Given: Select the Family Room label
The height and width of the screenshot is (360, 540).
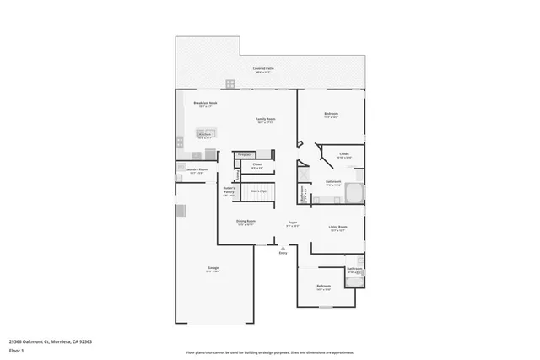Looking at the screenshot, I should (x=266, y=120).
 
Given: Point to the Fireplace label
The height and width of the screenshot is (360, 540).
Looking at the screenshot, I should (x=245, y=155).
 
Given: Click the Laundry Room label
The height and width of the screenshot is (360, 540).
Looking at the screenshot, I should (x=197, y=169).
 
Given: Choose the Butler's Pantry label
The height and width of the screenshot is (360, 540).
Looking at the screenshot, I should (x=229, y=190).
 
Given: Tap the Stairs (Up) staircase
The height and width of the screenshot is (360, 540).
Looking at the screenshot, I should (x=258, y=191).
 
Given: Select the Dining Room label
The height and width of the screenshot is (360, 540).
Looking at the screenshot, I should (x=246, y=222).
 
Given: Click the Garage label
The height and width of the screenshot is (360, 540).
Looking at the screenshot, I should (x=213, y=269).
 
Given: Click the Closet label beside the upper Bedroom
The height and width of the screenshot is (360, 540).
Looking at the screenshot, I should (x=344, y=154).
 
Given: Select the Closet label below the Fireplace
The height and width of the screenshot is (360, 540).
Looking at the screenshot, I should (x=257, y=165).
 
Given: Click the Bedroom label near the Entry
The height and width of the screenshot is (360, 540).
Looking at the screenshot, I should (x=323, y=287).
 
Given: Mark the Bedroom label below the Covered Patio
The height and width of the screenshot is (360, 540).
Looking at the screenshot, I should (x=332, y=114).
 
